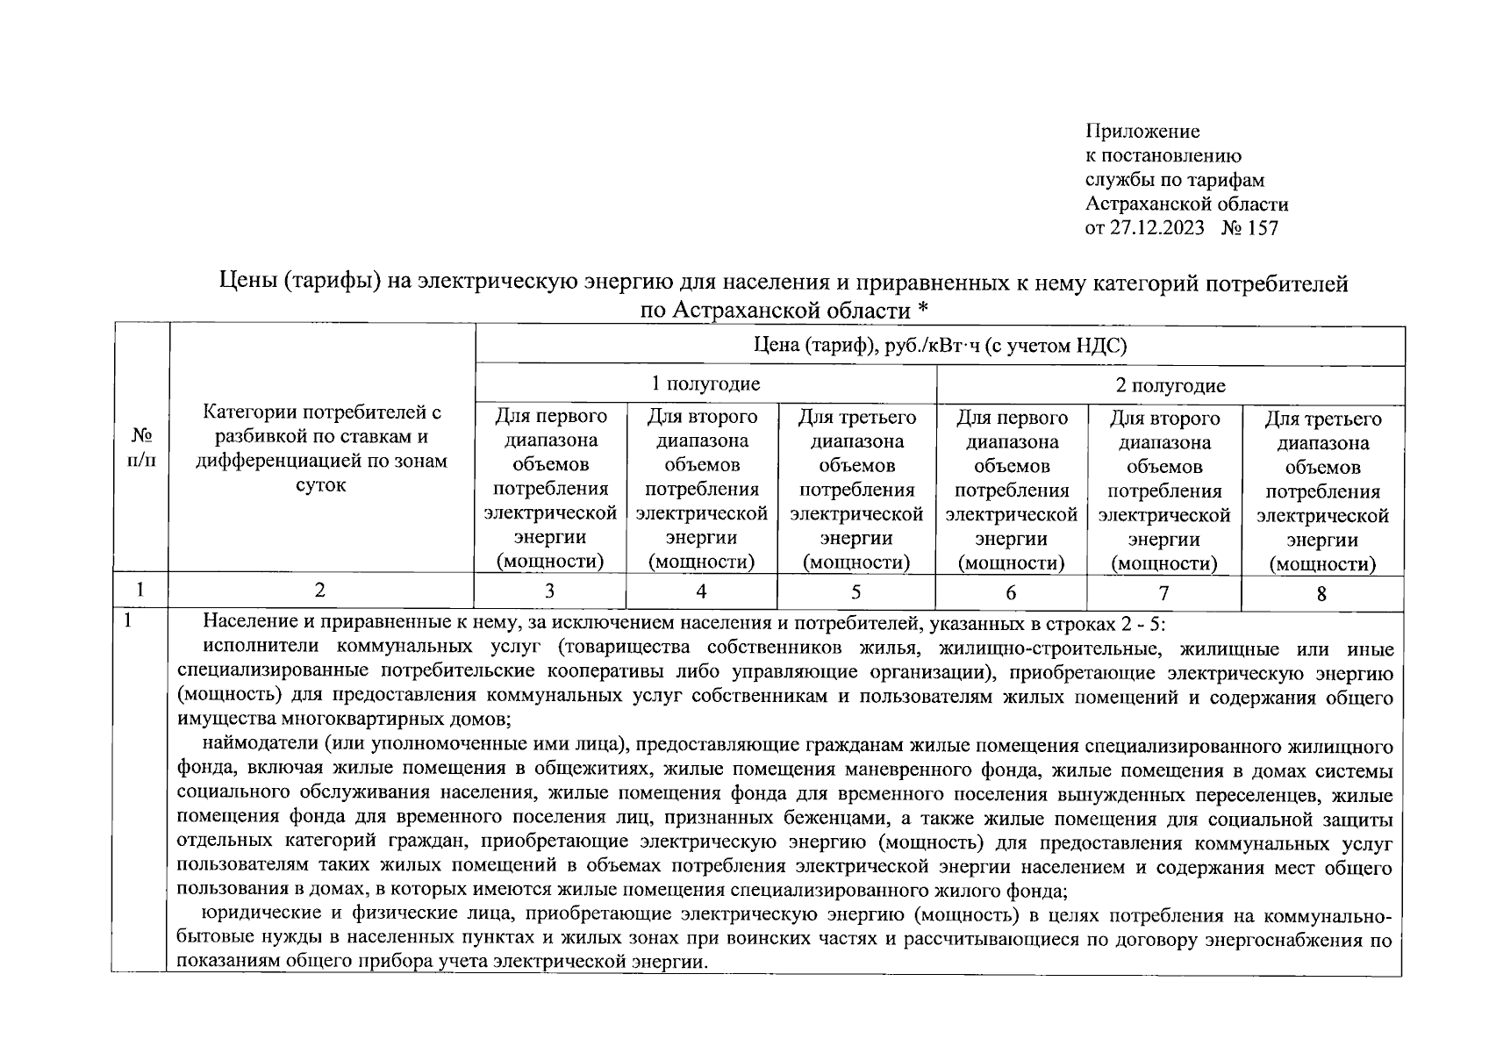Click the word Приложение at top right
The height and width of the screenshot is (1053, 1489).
click(x=1142, y=133)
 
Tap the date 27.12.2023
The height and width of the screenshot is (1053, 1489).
click(x=1157, y=229)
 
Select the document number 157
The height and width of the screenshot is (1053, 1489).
click(x=1263, y=229)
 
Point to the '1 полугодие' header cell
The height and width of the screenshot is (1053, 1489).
click(x=705, y=383)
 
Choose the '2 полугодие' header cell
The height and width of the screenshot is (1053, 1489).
click(x=1170, y=385)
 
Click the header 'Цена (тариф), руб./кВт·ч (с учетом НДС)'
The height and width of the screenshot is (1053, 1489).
click(x=940, y=346)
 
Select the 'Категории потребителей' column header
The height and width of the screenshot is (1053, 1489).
click(x=321, y=448)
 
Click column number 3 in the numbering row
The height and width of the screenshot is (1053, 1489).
click(x=549, y=591)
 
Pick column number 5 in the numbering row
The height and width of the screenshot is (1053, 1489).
click(x=855, y=591)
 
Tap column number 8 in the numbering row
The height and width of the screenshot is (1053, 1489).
click(x=1321, y=594)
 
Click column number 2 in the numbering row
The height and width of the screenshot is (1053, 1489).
click(x=320, y=591)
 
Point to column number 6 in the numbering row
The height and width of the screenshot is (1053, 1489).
click(x=1011, y=593)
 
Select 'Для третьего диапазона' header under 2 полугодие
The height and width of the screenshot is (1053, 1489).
click(x=1322, y=491)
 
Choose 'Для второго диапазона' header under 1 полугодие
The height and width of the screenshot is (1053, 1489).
click(x=701, y=489)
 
